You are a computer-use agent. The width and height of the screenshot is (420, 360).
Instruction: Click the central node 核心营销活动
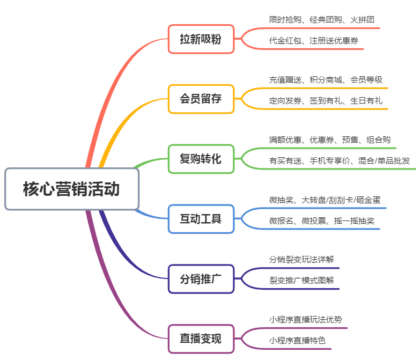point(72,189)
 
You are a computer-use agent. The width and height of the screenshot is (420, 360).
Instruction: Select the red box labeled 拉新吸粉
point(201,39)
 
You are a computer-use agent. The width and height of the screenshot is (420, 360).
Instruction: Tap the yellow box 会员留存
point(201,99)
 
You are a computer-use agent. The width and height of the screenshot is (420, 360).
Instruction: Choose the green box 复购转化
point(201,159)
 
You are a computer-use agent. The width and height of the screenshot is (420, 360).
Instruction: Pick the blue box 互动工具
point(201,219)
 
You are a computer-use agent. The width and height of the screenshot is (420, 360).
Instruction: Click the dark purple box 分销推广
point(201,279)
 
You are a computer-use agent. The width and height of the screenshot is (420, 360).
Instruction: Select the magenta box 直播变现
point(201,339)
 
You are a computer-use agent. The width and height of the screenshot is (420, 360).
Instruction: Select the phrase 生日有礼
point(366,100)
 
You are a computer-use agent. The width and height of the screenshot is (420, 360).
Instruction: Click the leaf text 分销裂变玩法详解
point(301,259)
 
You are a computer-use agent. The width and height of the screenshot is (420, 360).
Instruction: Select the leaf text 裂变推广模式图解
point(301,280)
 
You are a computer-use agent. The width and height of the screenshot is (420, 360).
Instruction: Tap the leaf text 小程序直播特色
point(297,340)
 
